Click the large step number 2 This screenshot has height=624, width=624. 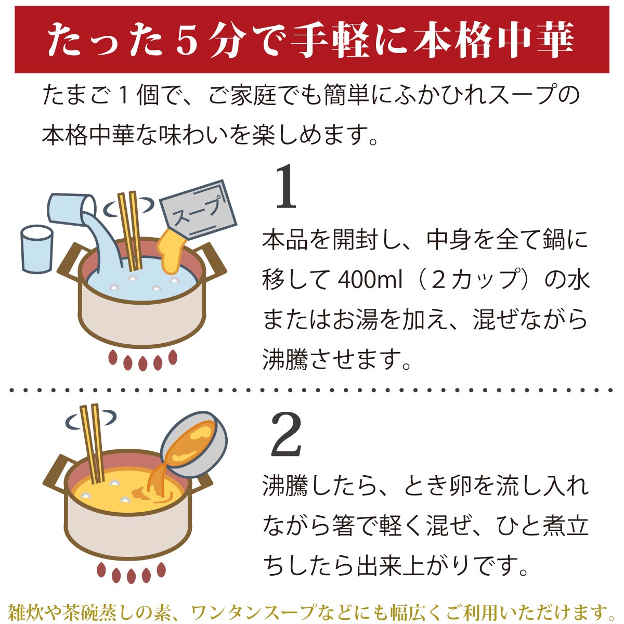pos(287,435)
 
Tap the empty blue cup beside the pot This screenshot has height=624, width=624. pos(36,249)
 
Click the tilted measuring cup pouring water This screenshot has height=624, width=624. pos(71,208)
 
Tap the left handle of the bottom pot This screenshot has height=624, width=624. pos(56,471)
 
